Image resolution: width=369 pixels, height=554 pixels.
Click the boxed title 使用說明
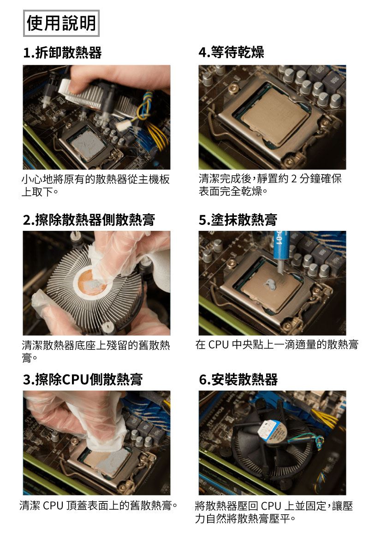(x=61, y=23)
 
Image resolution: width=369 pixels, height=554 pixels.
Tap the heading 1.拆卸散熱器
(x=62, y=53)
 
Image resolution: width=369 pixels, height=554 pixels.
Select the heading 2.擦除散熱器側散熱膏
(x=89, y=219)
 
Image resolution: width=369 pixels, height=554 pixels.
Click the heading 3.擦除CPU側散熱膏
(x=83, y=379)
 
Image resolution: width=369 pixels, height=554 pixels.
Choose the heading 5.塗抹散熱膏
(x=238, y=219)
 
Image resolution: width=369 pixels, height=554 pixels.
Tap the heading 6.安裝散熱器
(x=238, y=379)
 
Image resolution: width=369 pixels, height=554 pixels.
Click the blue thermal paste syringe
(x=282, y=250)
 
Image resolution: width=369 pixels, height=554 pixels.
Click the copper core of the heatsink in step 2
(x=92, y=282)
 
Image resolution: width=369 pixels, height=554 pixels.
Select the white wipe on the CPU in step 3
(x=104, y=435)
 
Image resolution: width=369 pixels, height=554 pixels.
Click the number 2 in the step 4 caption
(x=294, y=179)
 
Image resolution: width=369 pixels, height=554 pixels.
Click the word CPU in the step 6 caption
(x=271, y=506)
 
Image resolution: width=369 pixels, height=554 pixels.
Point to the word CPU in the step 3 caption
(x=53, y=506)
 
